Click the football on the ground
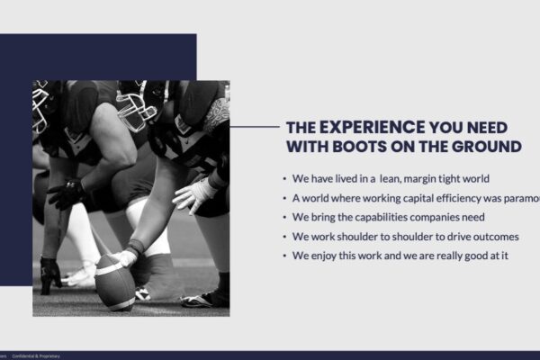point(115,281)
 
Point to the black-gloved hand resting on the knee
point(67,193)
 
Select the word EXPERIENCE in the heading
point(372,127)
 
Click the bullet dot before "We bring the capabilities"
point(284,218)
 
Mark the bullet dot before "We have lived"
point(284,179)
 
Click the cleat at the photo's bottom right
point(205,299)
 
